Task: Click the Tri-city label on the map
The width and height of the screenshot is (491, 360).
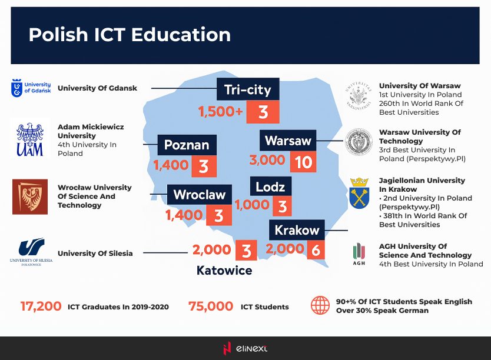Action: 248,89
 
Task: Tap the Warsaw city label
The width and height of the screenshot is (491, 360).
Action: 288,141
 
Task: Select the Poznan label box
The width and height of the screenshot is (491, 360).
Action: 187,145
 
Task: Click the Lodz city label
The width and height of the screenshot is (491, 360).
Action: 271,186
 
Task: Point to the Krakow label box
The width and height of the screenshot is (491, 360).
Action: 297,230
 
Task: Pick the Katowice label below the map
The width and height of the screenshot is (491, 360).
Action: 224,270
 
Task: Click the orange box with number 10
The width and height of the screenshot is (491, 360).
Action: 303,162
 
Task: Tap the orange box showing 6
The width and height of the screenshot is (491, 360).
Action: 316,250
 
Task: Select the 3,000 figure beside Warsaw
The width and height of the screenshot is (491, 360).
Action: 267,160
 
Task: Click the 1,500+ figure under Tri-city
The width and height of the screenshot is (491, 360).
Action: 220,111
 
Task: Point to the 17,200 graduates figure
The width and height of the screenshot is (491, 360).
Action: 41,306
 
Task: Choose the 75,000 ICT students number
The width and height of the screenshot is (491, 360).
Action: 211,306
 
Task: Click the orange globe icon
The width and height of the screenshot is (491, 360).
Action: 320,305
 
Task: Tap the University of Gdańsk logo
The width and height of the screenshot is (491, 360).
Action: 31,88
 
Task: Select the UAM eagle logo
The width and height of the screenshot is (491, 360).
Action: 30,139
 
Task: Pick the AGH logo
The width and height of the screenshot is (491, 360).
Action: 359,254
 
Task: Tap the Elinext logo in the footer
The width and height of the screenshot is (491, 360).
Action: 245,348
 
